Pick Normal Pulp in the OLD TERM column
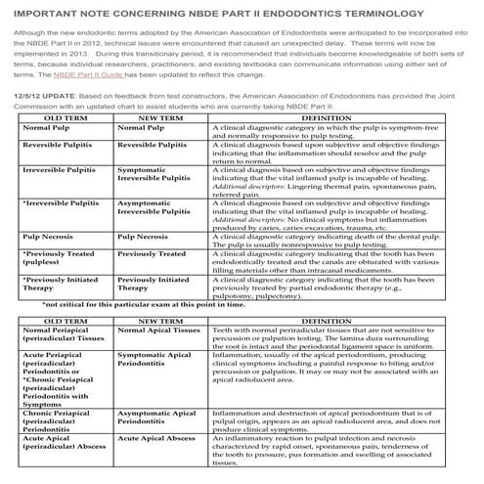(x=49, y=154)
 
